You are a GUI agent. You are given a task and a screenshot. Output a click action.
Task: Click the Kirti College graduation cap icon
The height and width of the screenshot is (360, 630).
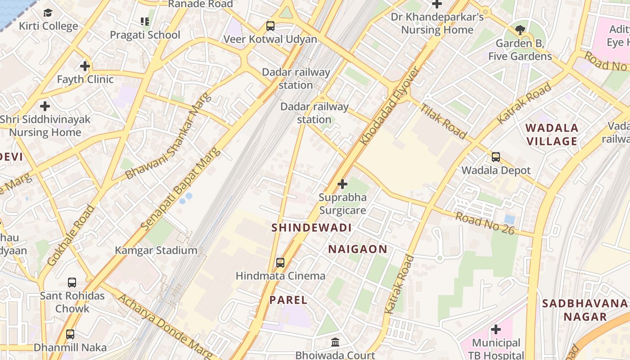pyautogui.click(x=48, y=13)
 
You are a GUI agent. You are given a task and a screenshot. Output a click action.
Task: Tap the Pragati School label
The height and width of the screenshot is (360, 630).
pyautogui.click(x=145, y=35)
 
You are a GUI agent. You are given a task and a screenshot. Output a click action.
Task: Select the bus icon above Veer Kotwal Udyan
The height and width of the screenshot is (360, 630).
pyautogui.click(x=270, y=26)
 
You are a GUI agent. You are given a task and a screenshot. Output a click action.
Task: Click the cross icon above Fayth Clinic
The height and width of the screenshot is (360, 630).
pyautogui.click(x=85, y=66)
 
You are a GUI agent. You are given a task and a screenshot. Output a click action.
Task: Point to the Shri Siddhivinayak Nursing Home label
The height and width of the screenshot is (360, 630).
pyautogui.click(x=45, y=126)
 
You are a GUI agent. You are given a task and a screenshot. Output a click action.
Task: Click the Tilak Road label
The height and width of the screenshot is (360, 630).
pyautogui.click(x=444, y=121)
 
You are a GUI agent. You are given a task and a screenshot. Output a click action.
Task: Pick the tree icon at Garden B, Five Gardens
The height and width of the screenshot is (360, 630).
pyautogui.click(x=520, y=30)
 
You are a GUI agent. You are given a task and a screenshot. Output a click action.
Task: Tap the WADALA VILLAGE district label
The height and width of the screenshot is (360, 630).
pyautogui.click(x=552, y=135)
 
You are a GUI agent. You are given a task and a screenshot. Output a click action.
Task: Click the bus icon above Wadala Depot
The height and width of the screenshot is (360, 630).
pyautogui.click(x=496, y=157)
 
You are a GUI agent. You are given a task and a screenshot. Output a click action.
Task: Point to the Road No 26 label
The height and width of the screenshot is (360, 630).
pyautogui.click(x=484, y=222)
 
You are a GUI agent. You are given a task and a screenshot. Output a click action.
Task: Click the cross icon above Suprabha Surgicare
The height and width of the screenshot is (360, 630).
pyautogui.click(x=342, y=184)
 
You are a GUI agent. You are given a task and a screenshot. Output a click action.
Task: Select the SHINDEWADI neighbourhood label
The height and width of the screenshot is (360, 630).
pyautogui.click(x=311, y=228)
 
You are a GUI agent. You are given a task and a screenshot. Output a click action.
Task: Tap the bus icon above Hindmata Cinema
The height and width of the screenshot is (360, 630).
pyautogui.click(x=280, y=262)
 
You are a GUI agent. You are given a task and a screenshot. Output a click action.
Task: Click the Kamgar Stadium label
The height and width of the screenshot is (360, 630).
pyautogui.click(x=156, y=250)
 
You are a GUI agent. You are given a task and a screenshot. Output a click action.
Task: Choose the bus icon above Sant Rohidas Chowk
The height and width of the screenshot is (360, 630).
pyautogui.click(x=72, y=283)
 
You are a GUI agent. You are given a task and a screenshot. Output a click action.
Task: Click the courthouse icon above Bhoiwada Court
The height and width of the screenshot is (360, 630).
pyautogui.click(x=335, y=342)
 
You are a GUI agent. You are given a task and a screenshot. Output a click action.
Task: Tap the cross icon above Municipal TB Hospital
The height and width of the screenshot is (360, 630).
pyautogui.click(x=495, y=329)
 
